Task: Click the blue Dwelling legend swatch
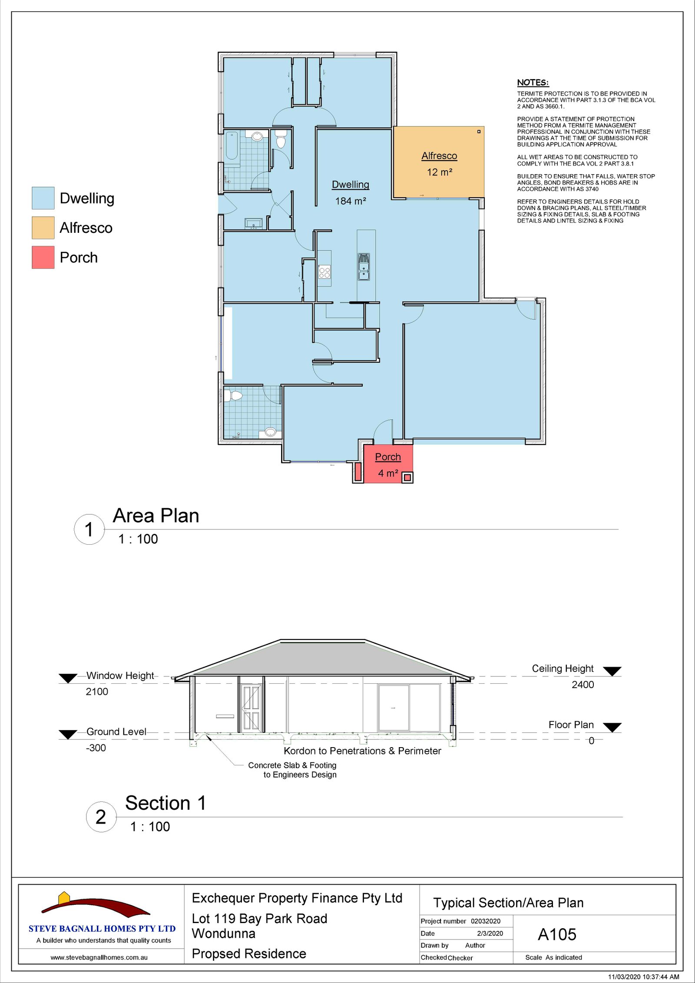[43, 198]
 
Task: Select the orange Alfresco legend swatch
[43, 228]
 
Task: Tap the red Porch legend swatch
[43, 257]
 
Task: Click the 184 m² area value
[351, 201]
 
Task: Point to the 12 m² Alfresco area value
[440, 172]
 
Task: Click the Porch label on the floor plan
[388, 457]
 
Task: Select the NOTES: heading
[533, 83]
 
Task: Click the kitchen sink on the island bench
[364, 267]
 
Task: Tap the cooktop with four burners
[324, 272]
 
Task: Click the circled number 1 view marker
[89, 530]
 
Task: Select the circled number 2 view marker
[101, 817]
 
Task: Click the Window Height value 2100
[97, 692]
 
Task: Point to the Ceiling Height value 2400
[582, 685]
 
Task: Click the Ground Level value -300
[96, 748]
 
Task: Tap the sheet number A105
[557, 934]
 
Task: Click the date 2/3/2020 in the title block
[490, 933]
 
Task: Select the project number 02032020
[486, 921]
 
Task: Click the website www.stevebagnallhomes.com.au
[99, 957]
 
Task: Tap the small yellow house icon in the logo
[64, 897]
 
